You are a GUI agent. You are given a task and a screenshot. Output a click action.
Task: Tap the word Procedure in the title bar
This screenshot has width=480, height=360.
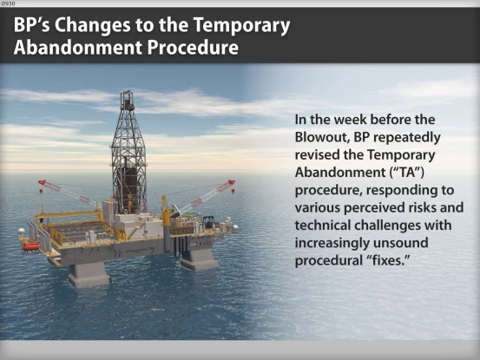pos(192,48)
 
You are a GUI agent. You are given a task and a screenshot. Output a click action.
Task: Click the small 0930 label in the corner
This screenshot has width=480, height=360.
pos(8,3)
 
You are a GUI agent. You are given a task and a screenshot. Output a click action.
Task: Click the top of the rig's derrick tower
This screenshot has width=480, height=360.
pos(127,95)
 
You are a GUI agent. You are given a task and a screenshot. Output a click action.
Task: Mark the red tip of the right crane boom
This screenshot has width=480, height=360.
pos(232,183)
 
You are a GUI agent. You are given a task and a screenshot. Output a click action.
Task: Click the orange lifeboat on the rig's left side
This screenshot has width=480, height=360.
pos(31,246)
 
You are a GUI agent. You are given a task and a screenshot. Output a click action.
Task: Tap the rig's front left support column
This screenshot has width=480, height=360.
pos(88,273)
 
